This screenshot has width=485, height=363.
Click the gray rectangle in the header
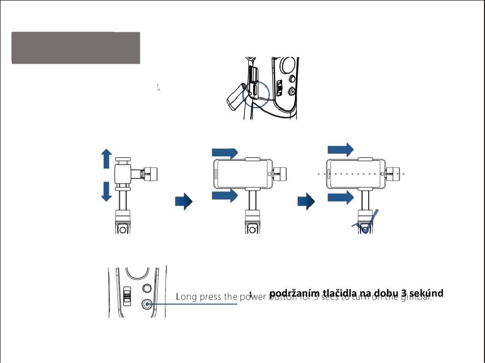click(76, 47)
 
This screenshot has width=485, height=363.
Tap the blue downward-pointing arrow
click(106, 191)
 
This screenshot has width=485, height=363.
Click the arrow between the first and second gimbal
click(184, 202)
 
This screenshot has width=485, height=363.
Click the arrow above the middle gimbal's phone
click(225, 153)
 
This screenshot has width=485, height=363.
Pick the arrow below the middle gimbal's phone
click(225, 195)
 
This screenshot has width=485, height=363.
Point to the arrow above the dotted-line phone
click(340, 150)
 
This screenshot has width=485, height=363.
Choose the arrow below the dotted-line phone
click(340, 197)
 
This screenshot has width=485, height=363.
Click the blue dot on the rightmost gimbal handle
click(366, 229)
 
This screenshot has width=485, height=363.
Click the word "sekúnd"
click(426, 293)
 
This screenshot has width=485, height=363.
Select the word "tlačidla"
click(337, 293)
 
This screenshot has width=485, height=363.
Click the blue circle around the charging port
click(255, 92)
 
